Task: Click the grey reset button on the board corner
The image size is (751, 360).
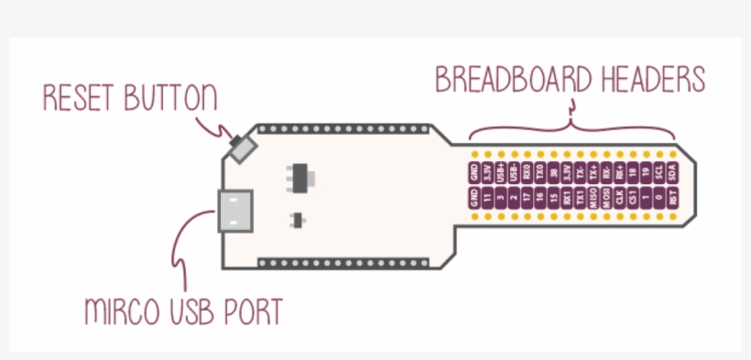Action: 244,147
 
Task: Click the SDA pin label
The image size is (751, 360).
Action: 673,171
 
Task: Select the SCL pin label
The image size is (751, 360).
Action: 659,171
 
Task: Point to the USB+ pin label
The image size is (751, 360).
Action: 500,171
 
